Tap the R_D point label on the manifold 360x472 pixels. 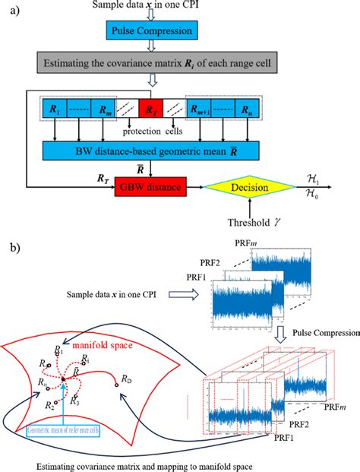point(127,378)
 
